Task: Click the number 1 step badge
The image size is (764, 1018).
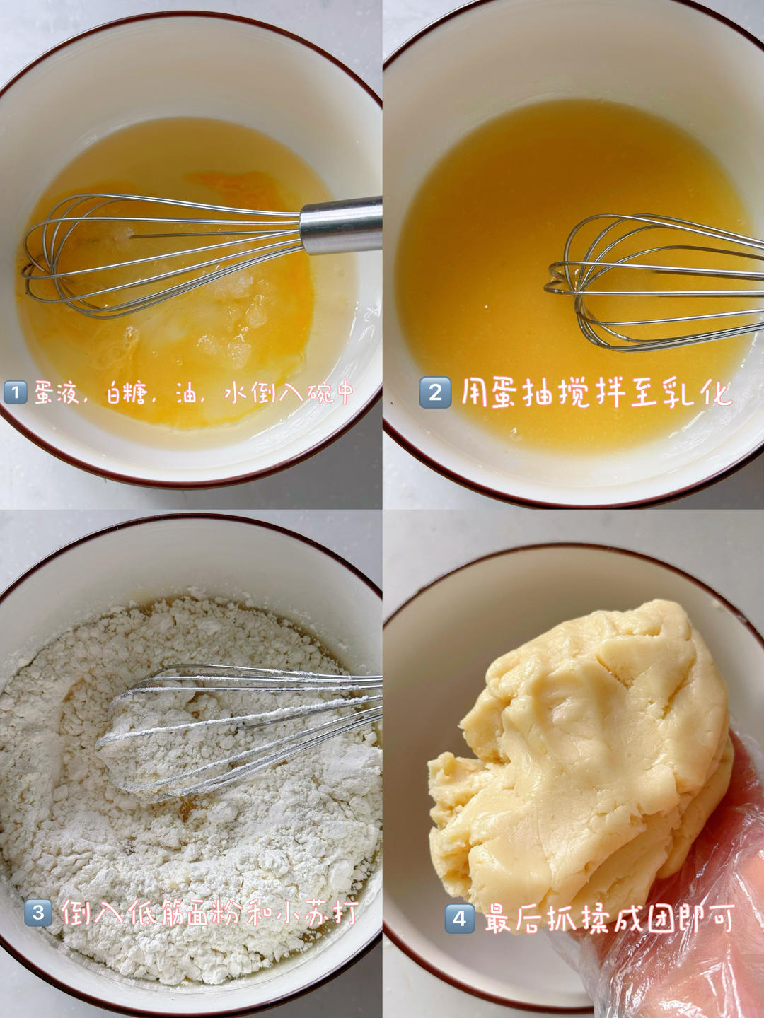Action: [x=16, y=394]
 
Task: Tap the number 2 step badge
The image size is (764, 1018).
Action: [x=435, y=393]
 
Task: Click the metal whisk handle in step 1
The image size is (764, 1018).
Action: [x=341, y=225]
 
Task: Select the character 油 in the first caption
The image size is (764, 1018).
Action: [x=187, y=394]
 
